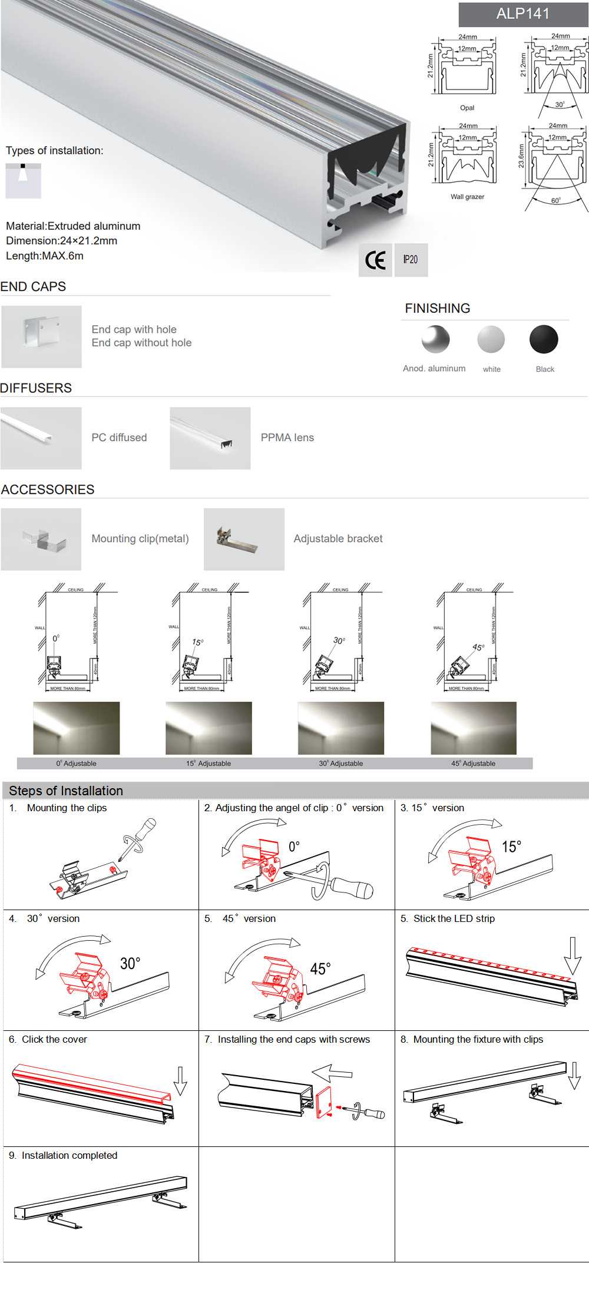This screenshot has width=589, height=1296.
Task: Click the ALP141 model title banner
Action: tap(523, 14)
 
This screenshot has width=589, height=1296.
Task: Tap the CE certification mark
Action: tap(375, 260)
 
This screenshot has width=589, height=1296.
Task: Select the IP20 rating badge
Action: tap(411, 260)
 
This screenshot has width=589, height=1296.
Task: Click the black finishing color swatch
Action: tap(543, 339)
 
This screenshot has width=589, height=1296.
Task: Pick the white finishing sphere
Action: tap(491, 339)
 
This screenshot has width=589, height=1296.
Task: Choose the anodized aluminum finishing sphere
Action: tap(435, 339)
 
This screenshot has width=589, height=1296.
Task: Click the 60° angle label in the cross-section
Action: tap(555, 201)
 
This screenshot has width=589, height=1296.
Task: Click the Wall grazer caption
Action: tap(467, 197)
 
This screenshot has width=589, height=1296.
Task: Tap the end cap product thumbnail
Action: tap(41, 336)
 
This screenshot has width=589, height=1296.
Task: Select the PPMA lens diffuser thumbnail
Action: tap(210, 438)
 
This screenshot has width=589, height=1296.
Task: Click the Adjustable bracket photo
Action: tap(244, 539)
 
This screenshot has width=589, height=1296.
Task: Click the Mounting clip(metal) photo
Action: tap(41, 539)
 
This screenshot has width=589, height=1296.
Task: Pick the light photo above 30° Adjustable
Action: tap(341, 728)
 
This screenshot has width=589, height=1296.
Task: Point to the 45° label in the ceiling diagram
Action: tap(478, 647)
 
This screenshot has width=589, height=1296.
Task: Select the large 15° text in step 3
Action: tap(511, 847)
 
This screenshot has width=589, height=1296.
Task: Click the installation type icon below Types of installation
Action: tap(23, 180)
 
